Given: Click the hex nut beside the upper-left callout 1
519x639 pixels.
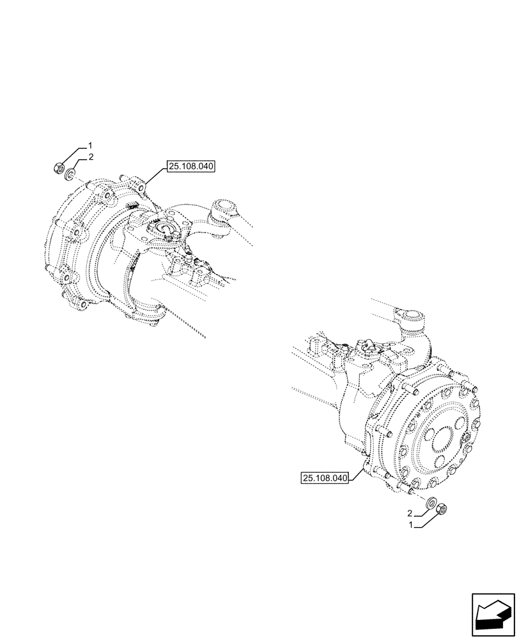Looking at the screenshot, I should [x=58, y=169].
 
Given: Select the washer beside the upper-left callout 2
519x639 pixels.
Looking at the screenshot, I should [x=72, y=172].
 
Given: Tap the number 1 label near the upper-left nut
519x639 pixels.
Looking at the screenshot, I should [x=91, y=144].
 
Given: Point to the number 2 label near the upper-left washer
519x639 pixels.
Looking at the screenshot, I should [x=91, y=157].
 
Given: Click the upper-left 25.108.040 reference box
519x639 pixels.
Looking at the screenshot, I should [x=191, y=167].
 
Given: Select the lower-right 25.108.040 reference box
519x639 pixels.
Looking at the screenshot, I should [x=324, y=477].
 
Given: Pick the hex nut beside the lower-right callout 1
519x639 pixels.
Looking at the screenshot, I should [x=441, y=509].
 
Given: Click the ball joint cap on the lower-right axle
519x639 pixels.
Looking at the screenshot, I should [x=411, y=315].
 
